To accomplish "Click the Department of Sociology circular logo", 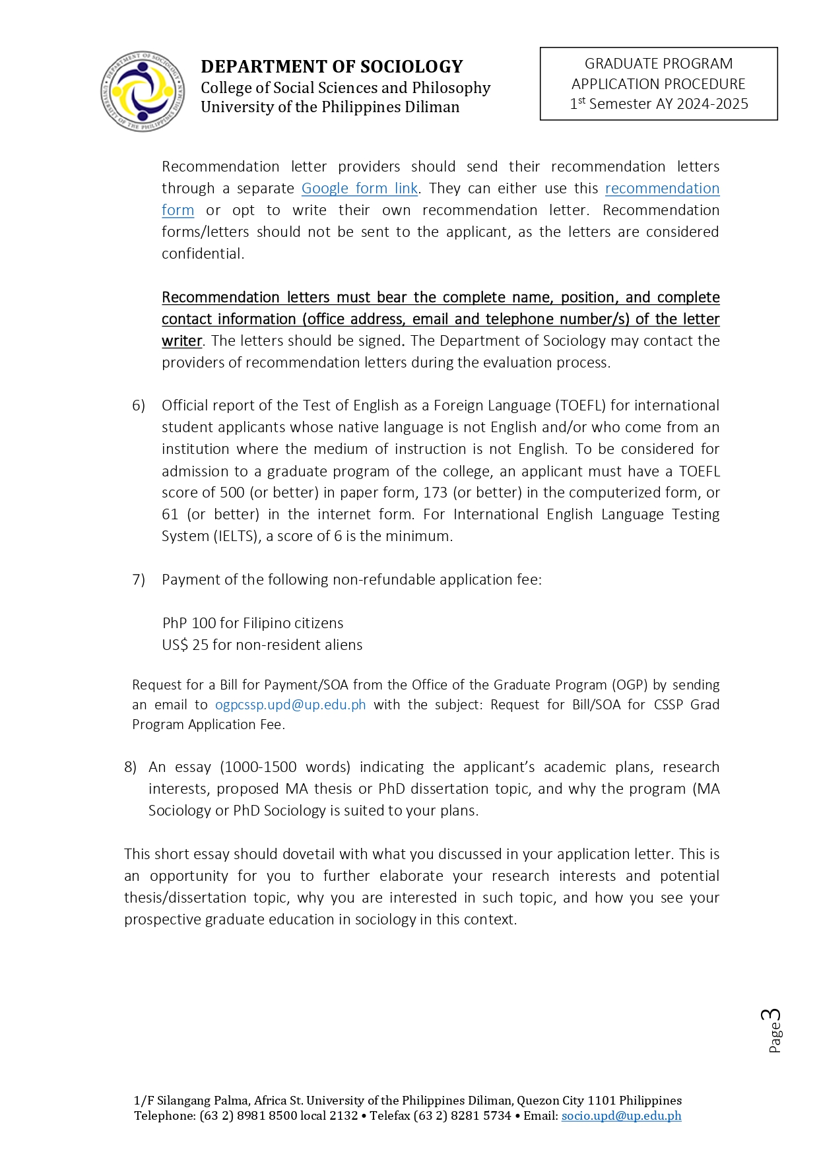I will [x=143, y=92].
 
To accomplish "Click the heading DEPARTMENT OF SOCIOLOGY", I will [x=331, y=67].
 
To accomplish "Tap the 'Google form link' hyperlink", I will [x=359, y=189].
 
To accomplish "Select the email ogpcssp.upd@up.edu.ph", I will [x=290, y=705].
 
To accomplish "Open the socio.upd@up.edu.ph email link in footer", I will [x=621, y=1116].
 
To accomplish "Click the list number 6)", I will [x=139, y=406].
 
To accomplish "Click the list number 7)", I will [x=139, y=580].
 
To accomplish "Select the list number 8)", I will [x=131, y=767].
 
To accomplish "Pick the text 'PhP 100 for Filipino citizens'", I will [x=253, y=624].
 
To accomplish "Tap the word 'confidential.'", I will [x=203, y=254].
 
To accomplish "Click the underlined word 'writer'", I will [x=181, y=341].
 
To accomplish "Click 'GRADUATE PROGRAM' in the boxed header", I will [x=658, y=64].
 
